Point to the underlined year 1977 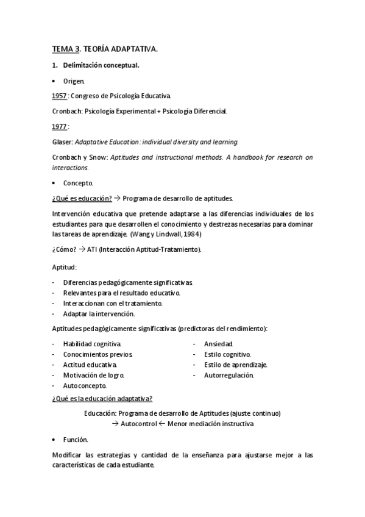[60, 126]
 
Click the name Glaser [62, 141]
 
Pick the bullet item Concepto [78, 183]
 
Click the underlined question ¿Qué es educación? [81, 198]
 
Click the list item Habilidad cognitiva [92, 344]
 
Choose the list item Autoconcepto [85, 385]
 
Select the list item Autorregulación [229, 375]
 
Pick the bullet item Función [76, 440]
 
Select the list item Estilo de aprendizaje [236, 365]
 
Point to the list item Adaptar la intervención [99, 313]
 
